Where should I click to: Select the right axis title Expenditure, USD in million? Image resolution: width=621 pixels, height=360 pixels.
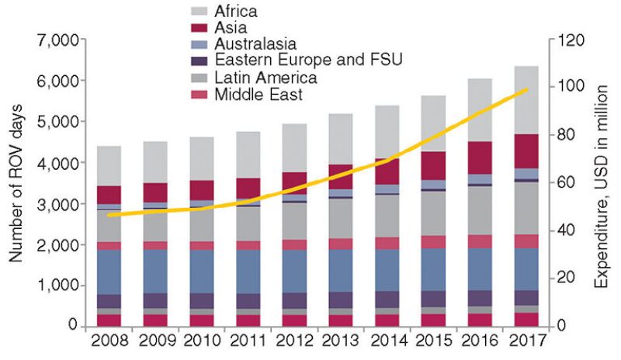601,183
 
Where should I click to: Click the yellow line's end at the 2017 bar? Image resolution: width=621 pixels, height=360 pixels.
528,89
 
